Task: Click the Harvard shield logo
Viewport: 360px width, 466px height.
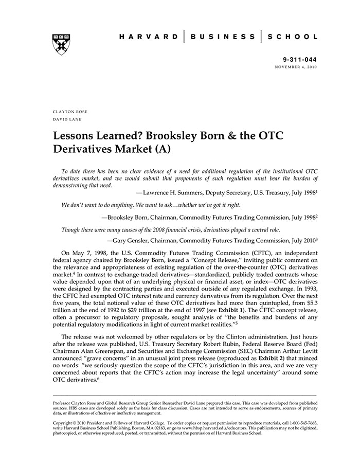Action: coord(61,44)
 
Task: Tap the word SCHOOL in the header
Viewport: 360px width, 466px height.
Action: coord(295,37)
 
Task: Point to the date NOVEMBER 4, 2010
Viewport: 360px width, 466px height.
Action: coord(296,67)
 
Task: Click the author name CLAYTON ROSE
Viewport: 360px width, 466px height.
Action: coord(71,112)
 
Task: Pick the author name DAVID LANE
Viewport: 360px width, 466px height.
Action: coord(67,119)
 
